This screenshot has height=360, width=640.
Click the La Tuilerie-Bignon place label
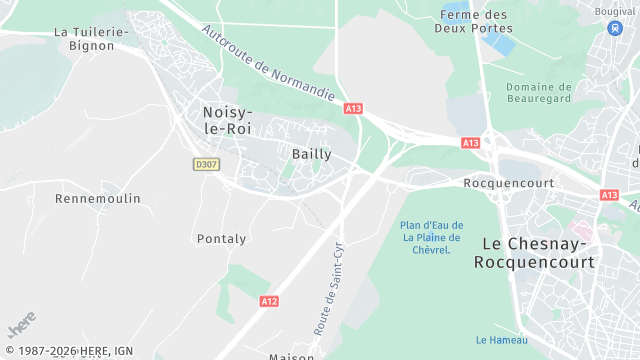coord(91,39)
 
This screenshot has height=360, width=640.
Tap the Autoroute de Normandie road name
coord(268,65)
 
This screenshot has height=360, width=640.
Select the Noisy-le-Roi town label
coord(228,120)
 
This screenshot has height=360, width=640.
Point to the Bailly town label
coord(311,153)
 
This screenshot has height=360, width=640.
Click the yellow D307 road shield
coord(206,164)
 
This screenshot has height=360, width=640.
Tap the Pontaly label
coord(221,239)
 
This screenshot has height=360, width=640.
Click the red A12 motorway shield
coord(269,301)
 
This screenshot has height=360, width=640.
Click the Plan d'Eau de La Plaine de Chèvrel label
coord(430,237)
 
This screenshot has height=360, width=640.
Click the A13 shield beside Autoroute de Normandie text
coord(352,107)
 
